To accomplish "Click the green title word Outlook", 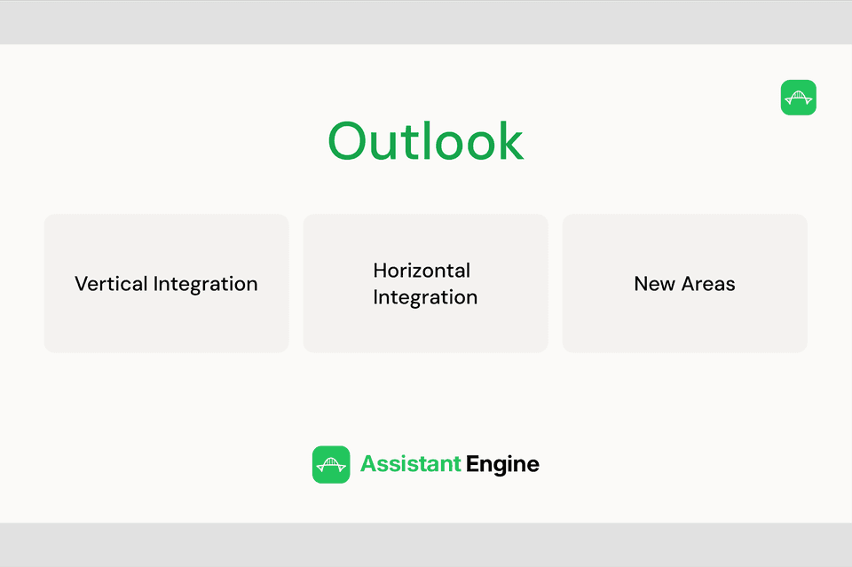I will [x=426, y=141].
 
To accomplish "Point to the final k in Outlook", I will [x=511, y=141].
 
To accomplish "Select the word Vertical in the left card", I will [x=112, y=284].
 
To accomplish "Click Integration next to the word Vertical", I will [x=206, y=285].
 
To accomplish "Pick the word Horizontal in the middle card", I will [x=422, y=271].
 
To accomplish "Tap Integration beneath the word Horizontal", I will [x=425, y=298].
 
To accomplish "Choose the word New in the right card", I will [x=654, y=284].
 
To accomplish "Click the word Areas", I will [x=708, y=284].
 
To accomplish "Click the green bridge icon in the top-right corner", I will [x=798, y=98].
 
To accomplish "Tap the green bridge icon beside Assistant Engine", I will [x=331, y=464].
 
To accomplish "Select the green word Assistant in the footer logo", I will [x=410, y=464].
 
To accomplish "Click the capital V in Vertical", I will [x=81, y=284].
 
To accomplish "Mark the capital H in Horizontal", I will [x=380, y=271].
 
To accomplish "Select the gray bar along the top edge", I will [x=426, y=22].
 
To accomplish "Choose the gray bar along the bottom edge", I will [x=426, y=544].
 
